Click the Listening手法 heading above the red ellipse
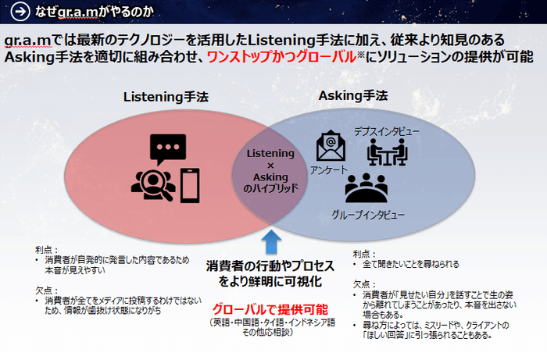[x=166, y=97]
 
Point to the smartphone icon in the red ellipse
[x=190, y=184]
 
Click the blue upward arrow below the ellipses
[x=270, y=237]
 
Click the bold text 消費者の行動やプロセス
[x=271, y=263]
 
